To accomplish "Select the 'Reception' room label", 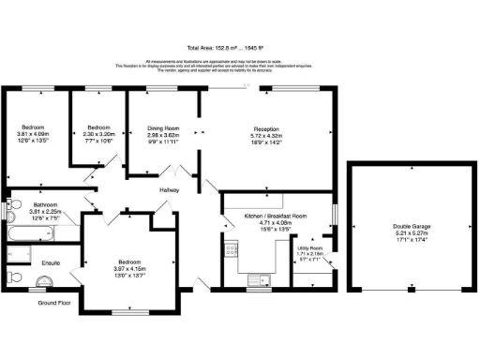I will tap(267, 128).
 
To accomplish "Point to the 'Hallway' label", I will tap(169, 190).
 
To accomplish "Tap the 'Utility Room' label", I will tap(309, 248).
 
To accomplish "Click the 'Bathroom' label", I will tap(47, 204).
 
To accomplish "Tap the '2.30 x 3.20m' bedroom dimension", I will tap(100, 134).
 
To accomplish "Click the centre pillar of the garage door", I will tap(409, 288).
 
